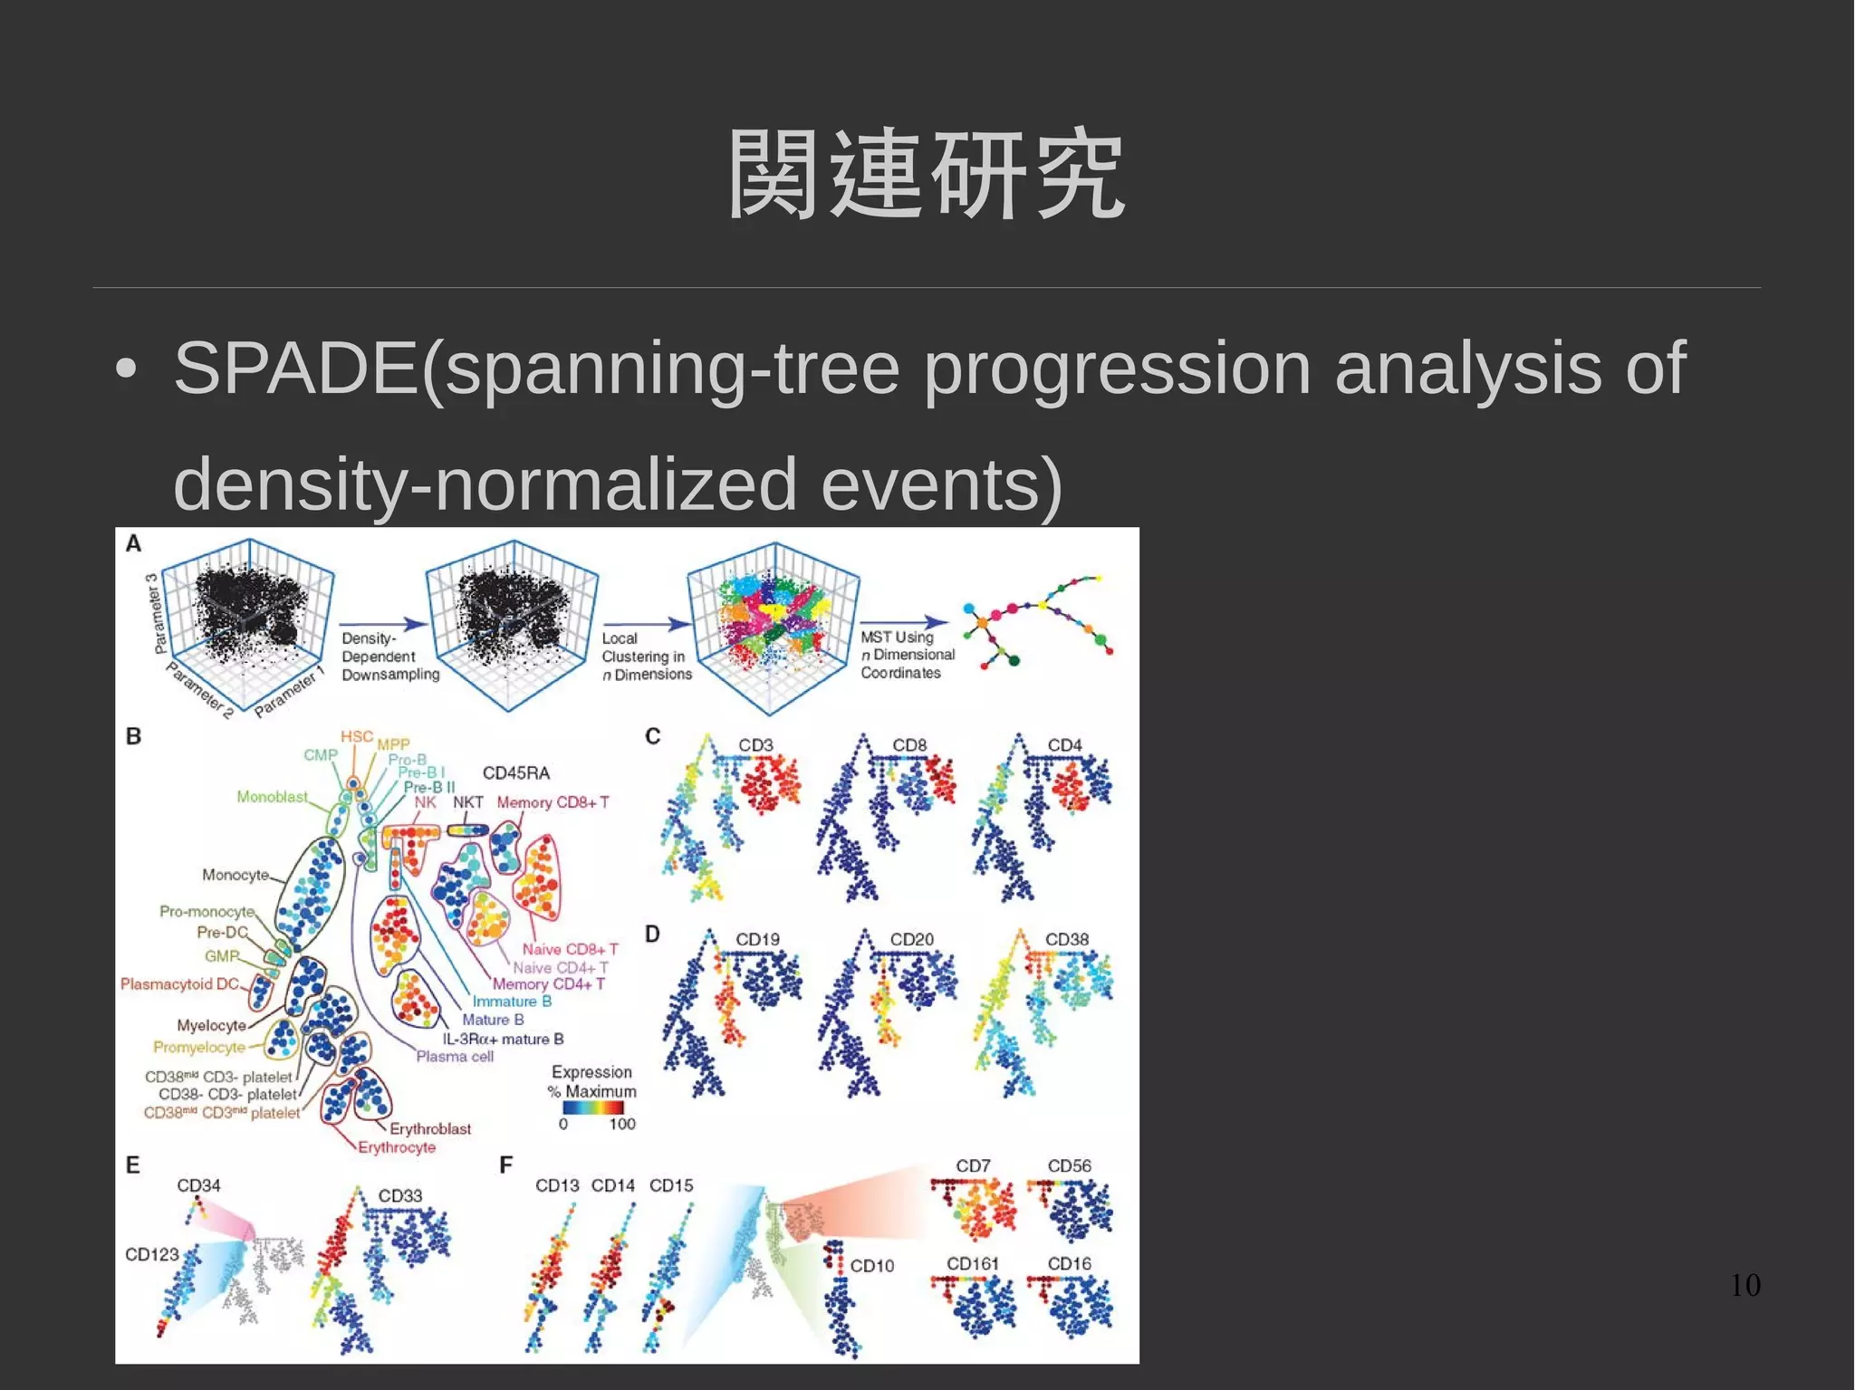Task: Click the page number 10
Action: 1744,1285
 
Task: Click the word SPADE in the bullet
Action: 295,369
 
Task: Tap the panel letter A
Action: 133,543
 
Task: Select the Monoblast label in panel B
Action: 272,797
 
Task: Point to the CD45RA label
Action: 515,772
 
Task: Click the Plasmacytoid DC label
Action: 179,983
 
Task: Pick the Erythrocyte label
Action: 397,1147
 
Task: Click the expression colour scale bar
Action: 592,1107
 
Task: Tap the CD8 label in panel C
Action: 909,744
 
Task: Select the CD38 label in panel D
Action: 1066,939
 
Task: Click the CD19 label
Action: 757,939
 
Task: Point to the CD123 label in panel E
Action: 151,1254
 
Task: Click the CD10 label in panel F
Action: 871,1266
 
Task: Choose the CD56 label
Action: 1069,1165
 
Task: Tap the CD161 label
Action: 972,1263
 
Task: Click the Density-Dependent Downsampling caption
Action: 389,657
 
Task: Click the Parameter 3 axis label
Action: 157,613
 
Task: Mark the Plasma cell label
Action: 455,1056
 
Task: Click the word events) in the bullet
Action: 941,484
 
